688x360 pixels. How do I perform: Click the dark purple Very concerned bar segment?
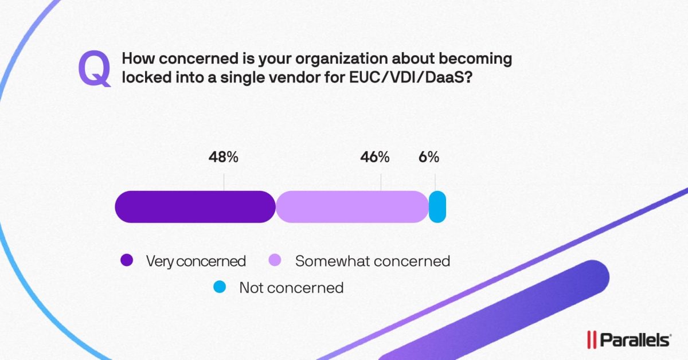coord(195,206)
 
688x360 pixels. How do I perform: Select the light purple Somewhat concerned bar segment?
coord(352,206)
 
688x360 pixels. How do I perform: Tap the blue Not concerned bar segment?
coord(437,206)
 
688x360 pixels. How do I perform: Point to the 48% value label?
coord(223,157)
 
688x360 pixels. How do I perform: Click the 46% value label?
coord(375,157)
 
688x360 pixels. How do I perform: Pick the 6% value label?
coord(428,157)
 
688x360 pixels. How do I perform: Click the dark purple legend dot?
coord(127,261)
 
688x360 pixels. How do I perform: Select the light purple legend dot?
coord(275,261)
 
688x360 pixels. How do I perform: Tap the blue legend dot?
coord(220,287)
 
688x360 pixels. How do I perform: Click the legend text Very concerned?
coord(196,261)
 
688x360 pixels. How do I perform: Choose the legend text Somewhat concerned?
coord(373,261)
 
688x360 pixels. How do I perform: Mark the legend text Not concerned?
coord(291,288)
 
